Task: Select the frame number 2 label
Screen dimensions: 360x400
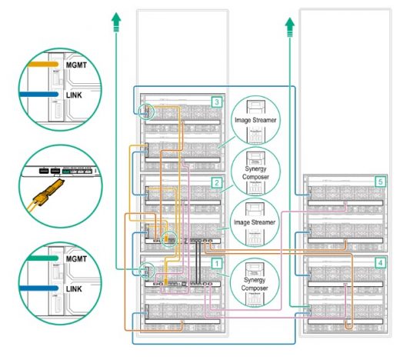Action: click(x=218, y=182)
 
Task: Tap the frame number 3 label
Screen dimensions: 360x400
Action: click(x=218, y=102)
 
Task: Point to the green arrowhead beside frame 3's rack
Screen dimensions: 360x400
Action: click(x=116, y=20)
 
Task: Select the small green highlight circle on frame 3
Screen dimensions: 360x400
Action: click(x=146, y=113)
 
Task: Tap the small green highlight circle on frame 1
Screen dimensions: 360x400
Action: click(x=146, y=270)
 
